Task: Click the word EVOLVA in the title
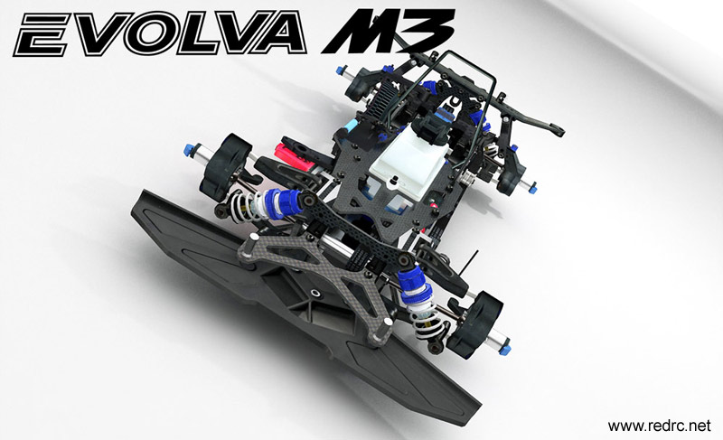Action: (x=159, y=33)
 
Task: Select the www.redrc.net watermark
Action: (x=660, y=426)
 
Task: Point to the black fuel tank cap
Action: (x=432, y=125)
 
